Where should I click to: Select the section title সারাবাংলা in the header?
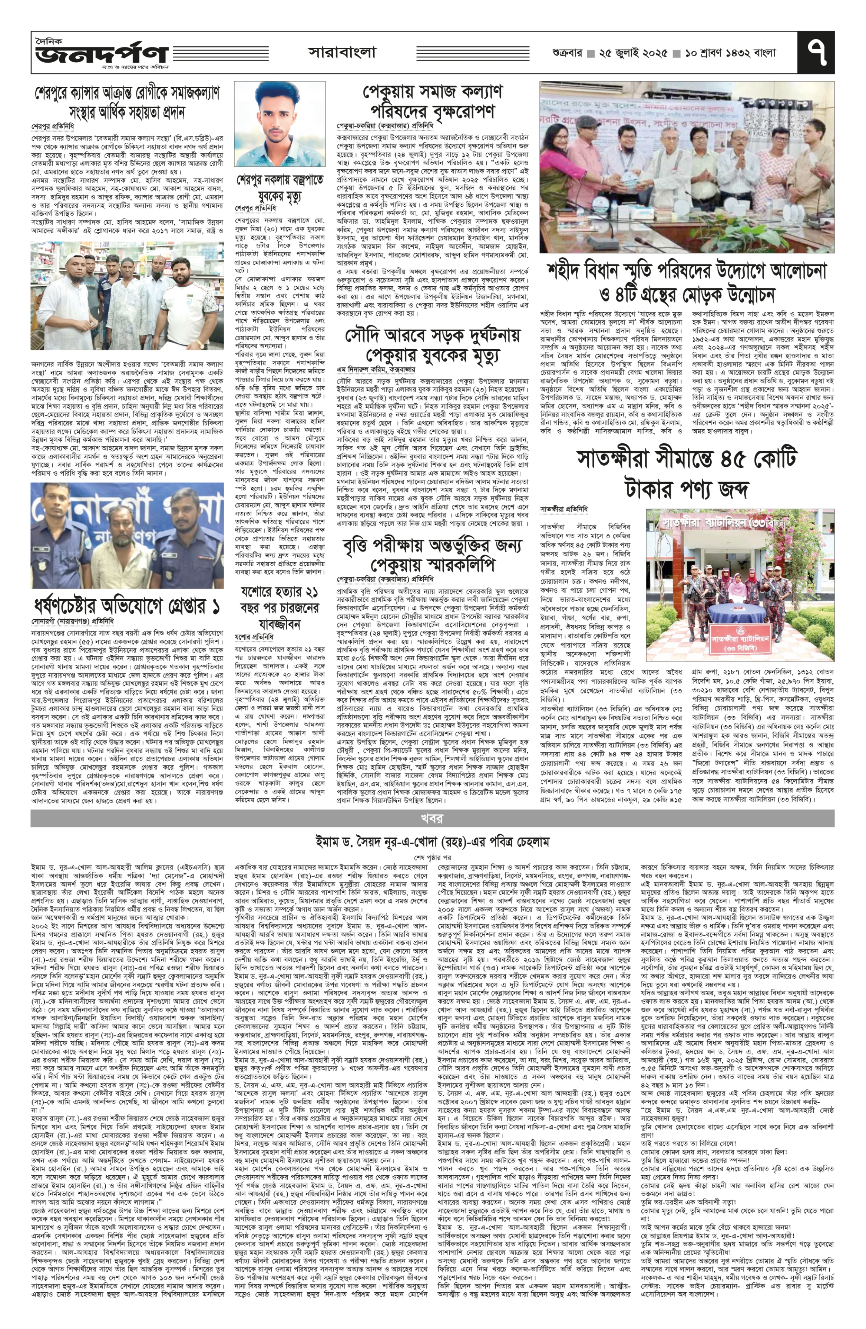pyautogui.click(x=342, y=53)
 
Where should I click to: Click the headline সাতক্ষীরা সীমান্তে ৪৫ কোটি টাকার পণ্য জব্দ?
pyautogui.click(x=686, y=473)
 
